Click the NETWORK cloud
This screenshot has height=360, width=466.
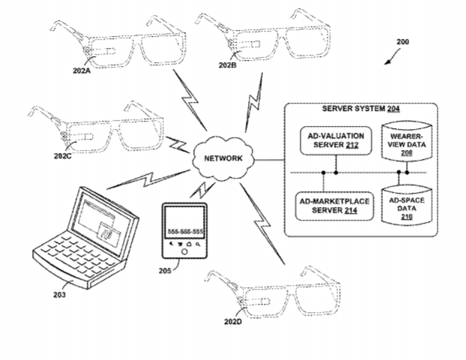223,158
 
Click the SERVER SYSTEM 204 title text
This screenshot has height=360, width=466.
360,109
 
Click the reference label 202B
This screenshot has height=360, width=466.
227,65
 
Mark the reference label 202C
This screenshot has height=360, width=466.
63,157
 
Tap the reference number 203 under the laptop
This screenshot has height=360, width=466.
58,295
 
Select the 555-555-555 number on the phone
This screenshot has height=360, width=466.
184,229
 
